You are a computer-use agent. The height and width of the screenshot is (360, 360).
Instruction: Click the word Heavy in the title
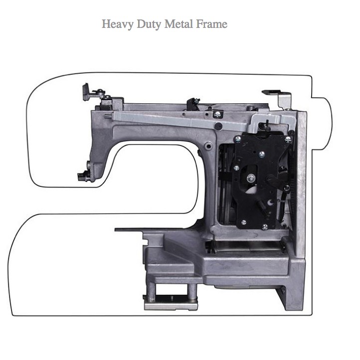(117, 24)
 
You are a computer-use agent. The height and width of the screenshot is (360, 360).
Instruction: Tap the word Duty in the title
(149, 24)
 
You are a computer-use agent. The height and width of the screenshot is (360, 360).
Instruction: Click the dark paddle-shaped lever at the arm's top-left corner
(86, 92)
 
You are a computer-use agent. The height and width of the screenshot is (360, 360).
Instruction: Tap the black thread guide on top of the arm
(192, 104)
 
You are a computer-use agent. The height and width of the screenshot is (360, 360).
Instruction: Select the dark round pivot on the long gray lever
(218, 126)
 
